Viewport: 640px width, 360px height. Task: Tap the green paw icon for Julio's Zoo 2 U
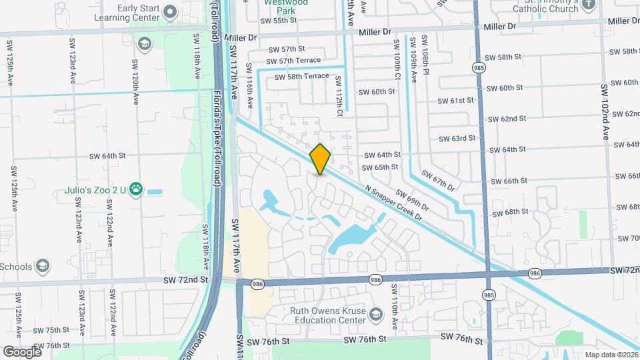click(x=137, y=189)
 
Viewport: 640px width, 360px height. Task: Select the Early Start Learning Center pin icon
click(x=171, y=11)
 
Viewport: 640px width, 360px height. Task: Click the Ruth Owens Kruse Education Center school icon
click(x=376, y=314)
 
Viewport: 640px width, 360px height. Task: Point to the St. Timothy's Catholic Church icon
click(x=587, y=5)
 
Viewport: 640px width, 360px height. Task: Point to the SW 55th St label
click(x=279, y=21)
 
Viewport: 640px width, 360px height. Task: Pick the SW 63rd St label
click(x=457, y=139)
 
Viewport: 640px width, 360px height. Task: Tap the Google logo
click(x=21, y=351)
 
